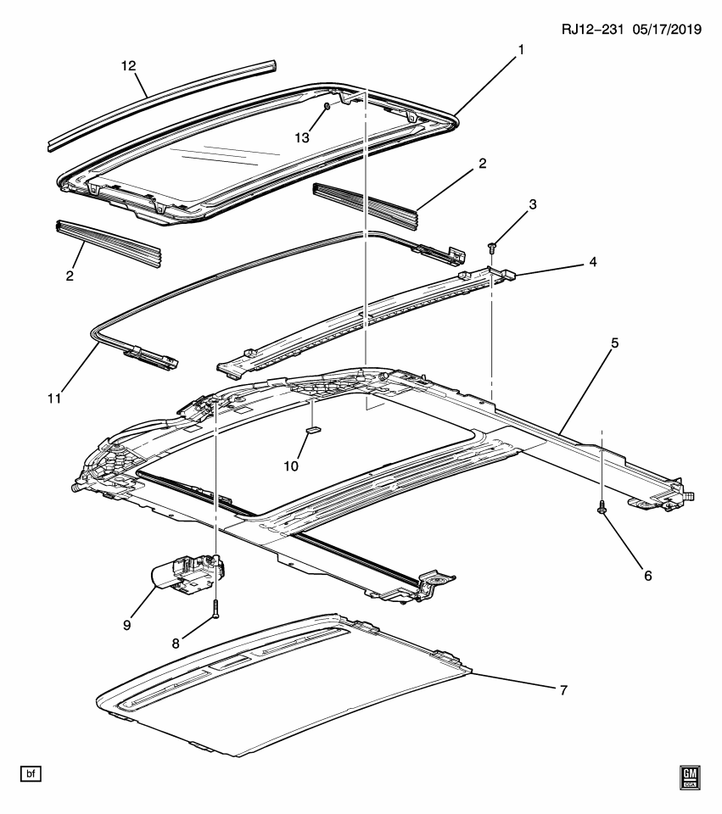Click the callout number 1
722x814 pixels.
[x=520, y=50]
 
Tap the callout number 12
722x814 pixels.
[x=128, y=66]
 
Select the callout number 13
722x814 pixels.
[x=302, y=137]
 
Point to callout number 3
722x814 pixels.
[x=533, y=204]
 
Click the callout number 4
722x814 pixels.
[x=593, y=262]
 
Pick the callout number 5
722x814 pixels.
[x=614, y=343]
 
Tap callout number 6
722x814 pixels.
[x=647, y=575]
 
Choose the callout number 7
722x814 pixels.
[x=563, y=690]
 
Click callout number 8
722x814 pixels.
[x=176, y=644]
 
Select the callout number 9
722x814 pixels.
[x=126, y=625]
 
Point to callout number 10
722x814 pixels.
[x=291, y=466]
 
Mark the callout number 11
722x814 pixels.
[x=54, y=399]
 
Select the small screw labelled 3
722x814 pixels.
[x=492, y=247]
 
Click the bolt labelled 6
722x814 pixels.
[x=602, y=507]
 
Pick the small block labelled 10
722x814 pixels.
[x=314, y=429]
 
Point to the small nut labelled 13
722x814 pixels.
[x=327, y=107]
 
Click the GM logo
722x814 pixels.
[x=690, y=778]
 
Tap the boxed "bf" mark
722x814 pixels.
[x=31, y=774]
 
